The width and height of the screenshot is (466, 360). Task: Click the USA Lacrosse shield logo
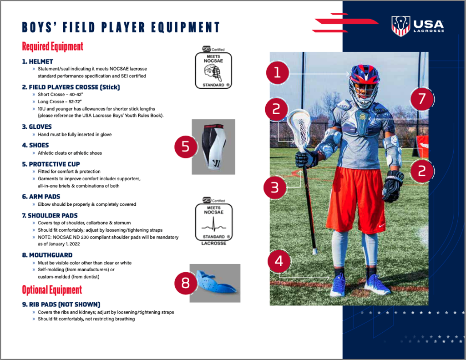(400, 26)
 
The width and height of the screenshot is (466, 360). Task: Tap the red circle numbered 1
(277, 72)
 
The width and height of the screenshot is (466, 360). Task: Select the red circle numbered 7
(422, 99)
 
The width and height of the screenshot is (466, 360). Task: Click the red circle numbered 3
(275, 188)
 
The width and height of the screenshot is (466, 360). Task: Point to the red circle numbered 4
(279, 261)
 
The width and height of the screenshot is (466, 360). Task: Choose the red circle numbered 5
(186, 147)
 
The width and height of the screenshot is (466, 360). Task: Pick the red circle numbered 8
(186, 283)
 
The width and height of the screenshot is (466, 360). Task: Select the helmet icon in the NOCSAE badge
(213, 73)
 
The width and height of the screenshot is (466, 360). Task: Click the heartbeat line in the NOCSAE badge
(214, 225)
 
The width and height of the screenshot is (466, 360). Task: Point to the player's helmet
(365, 85)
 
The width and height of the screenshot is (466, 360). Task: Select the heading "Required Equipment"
(53, 46)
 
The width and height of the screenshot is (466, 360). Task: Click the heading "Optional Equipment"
(52, 290)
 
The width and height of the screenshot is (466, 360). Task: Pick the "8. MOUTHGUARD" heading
(47, 255)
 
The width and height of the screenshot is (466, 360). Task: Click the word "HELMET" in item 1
(41, 61)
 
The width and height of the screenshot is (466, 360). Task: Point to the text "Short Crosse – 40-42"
(61, 95)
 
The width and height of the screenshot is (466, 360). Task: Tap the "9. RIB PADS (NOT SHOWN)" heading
(61, 304)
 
